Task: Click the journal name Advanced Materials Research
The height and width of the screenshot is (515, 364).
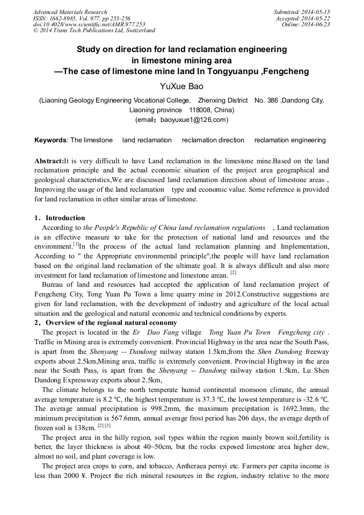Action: pos(70,12)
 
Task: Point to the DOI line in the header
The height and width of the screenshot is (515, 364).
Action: pos(89,25)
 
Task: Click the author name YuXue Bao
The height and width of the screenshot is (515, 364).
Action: pos(181,86)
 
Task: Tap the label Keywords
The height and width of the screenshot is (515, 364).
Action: pos(50,140)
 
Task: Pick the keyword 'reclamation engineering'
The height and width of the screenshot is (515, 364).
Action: pos(290,140)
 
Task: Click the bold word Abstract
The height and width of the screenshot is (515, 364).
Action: pos(49,161)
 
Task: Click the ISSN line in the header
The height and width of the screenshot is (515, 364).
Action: pos(81,18)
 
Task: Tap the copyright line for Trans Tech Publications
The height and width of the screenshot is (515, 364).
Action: pos(94,31)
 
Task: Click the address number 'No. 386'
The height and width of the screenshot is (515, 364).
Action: pos(266,100)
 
